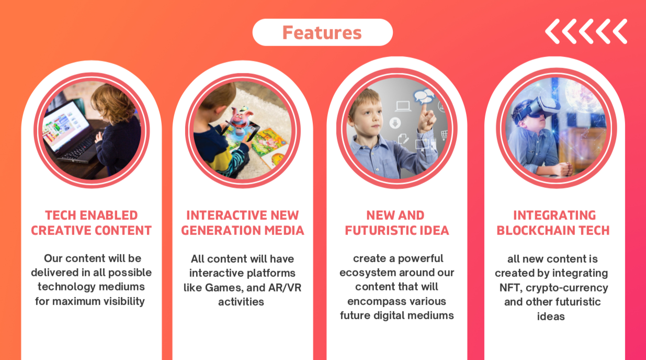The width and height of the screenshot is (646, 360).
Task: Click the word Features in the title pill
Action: click(x=322, y=32)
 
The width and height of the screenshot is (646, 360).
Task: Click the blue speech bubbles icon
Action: click(x=424, y=96)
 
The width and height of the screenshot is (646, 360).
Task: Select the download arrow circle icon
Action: click(x=395, y=123)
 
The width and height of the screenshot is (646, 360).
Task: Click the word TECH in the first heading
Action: click(x=61, y=215)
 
